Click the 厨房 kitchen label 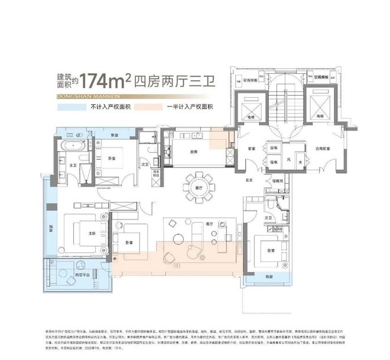coord(195,151)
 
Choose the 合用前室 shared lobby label coord(320,148)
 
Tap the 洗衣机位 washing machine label coord(156,175)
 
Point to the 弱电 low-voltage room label coord(274,148)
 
